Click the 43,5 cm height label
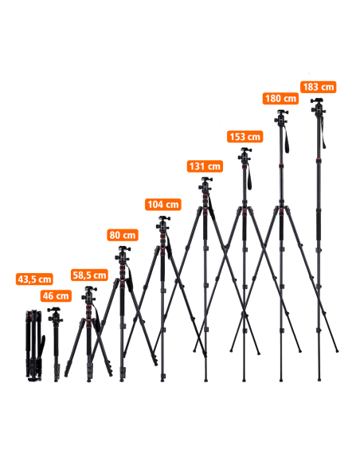click(34, 279)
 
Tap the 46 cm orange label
click(56, 295)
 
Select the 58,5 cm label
click(89, 275)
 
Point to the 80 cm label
click(123, 235)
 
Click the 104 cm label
click(163, 205)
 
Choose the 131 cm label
click(205, 166)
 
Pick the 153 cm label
click(245, 136)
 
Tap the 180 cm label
click(280, 98)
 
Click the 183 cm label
click(319, 87)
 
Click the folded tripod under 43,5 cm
click(35, 346)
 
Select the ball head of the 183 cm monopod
click(319, 106)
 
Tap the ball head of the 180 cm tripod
click(281, 118)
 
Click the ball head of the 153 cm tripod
click(245, 155)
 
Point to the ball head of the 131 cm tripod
click(205, 185)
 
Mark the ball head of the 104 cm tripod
click(163, 225)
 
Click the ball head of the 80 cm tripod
click(123, 255)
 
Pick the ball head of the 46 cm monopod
click(56, 315)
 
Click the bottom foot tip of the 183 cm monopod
click(319, 379)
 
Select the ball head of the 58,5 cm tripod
click(89, 294)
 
